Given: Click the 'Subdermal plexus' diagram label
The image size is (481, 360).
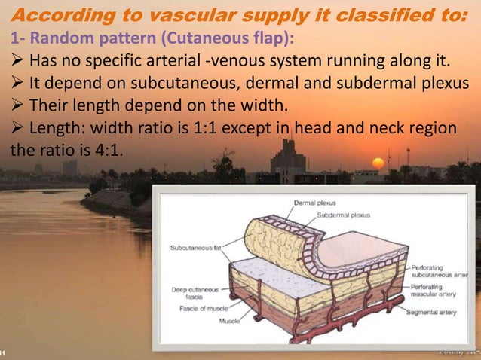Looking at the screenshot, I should coord(343,215).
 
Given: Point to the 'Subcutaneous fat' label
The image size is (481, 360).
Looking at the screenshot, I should coord(195,246).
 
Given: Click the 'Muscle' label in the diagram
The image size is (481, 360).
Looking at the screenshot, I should coord(229,321).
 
